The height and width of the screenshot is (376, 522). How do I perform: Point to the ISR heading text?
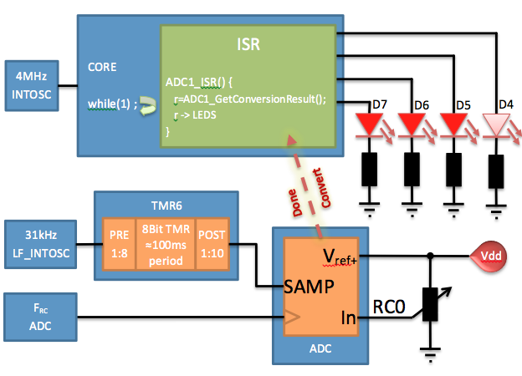249,44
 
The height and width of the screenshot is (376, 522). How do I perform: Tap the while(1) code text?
110,104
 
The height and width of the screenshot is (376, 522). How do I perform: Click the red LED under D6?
413,126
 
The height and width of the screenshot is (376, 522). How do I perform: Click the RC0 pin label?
389,307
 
